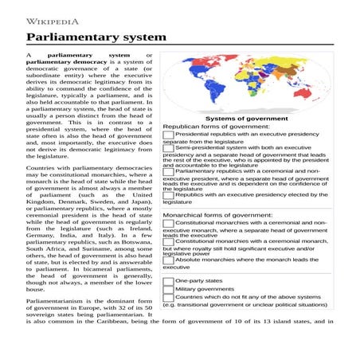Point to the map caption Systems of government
[247, 118]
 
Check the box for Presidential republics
[168, 135]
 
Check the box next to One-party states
[168, 281]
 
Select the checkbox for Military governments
[168, 290]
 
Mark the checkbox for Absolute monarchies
[168, 260]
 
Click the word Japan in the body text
[139, 202]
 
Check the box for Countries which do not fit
[168, 299]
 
